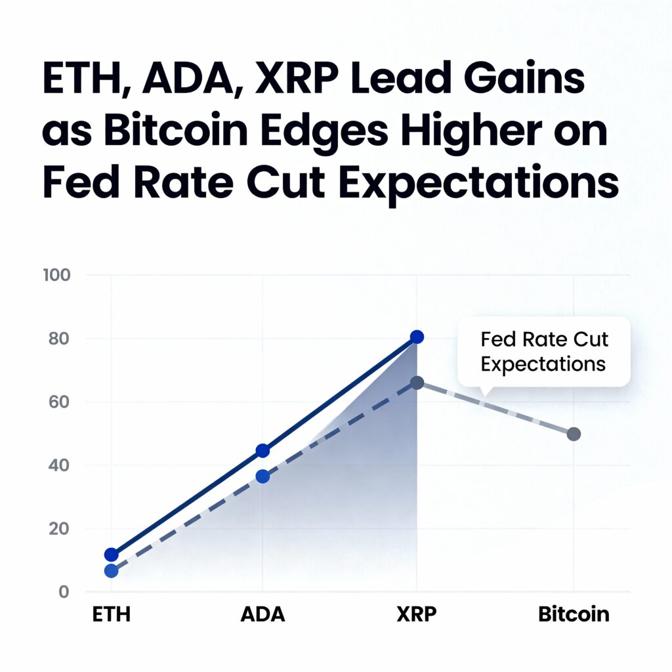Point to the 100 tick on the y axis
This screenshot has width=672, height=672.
(x=56, y=275)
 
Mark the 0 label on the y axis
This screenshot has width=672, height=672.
(x=64, y=591)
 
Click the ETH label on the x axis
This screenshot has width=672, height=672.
(x=111, y=615)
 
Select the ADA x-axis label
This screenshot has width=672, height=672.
(x=262, y=615)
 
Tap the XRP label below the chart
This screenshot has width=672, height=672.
(x=416, y=615)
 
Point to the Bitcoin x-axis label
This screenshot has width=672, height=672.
(x=574, y=615)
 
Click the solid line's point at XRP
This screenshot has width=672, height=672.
(x=417, y=337)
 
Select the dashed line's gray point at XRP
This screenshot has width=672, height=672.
(x=417, y=383)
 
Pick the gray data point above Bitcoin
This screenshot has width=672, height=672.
(x=574, y=434)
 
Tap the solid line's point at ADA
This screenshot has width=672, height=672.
(x=262, y=450)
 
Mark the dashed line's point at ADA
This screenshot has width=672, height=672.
(x=262, y=476)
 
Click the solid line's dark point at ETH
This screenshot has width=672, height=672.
(x=112, y=555)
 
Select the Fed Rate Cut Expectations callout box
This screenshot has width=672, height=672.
(x=543, y=352)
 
